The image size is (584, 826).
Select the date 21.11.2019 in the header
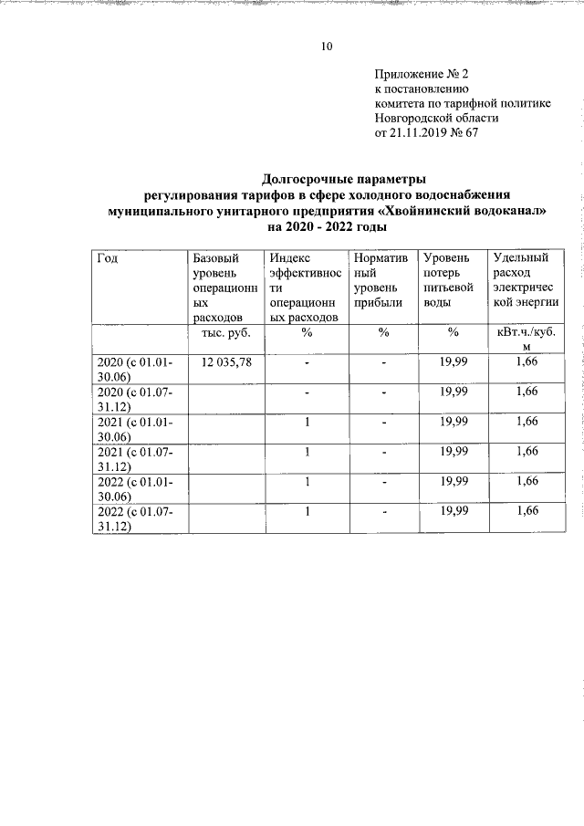coord(421,132)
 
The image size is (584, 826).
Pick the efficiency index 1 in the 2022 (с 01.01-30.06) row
coord(308,481)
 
